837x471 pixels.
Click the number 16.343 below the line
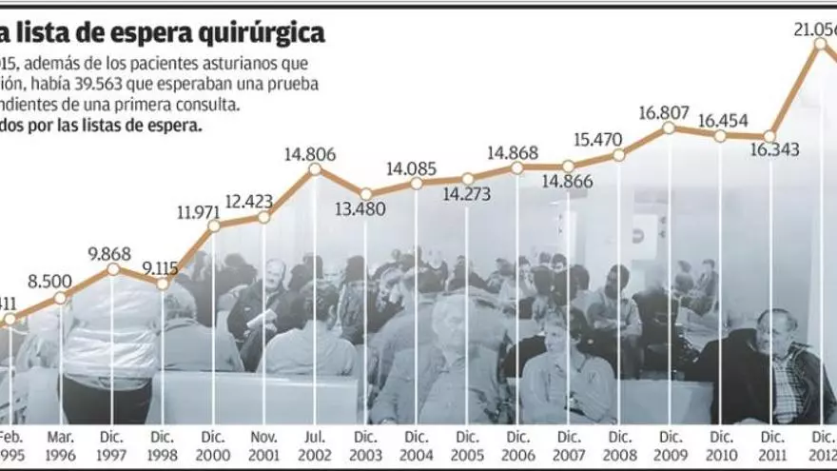[773, 150]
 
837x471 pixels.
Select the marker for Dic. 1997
[113, 268]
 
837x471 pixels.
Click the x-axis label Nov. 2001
[264, 444]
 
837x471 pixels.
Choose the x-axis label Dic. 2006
[517, 444]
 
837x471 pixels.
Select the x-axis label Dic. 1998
[164, 444]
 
